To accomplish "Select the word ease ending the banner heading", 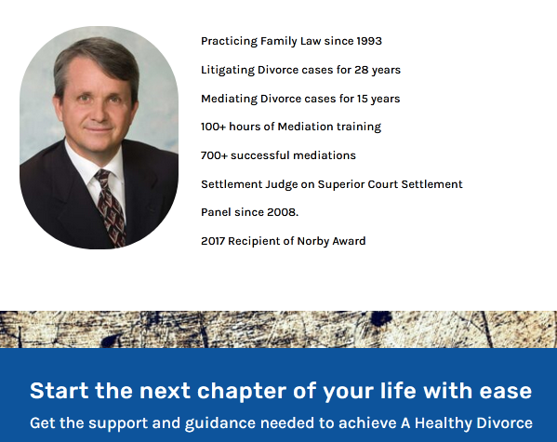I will point(506,390).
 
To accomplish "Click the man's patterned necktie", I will point(109,205).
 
